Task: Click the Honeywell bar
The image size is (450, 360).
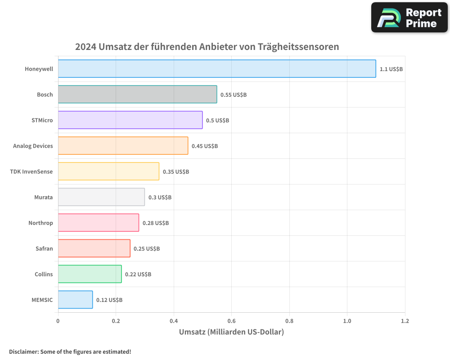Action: pos(217,69)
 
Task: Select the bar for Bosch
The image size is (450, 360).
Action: pos(137,94)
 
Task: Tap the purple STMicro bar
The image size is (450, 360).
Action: pos(130,120)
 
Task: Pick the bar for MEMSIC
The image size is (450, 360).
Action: pos(75,300)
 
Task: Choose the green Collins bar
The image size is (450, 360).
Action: pos(90,274)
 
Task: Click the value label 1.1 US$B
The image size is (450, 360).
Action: pos(391,69)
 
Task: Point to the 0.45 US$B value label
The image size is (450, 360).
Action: pos(205,146)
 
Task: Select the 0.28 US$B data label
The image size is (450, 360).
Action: pos(156,223)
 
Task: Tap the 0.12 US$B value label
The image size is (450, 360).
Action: pos(109,300)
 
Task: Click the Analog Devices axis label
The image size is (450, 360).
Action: pos(33,146)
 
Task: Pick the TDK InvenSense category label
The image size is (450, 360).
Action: pos(31,171)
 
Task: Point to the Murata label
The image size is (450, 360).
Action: pos(43,197)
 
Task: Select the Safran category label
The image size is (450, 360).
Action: pos(44,248)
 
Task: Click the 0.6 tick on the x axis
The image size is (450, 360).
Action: pos(231,321)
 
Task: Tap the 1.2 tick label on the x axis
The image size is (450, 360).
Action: pos(405,321)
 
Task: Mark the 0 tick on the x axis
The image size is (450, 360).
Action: pos(58,321)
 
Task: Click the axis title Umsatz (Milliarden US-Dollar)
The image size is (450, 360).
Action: pos(231,333)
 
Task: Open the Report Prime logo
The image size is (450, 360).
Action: pos(409,18)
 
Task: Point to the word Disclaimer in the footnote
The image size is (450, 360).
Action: pos(23,351)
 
